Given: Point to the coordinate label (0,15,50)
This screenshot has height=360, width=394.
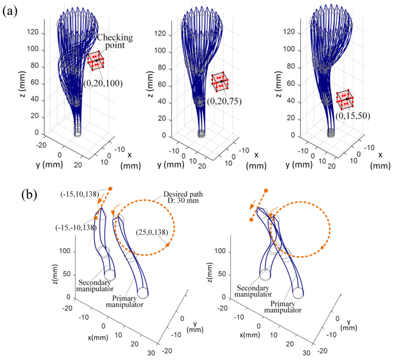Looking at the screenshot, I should pos(355,115).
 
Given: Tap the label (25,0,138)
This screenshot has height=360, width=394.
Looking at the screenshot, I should pos(150,232).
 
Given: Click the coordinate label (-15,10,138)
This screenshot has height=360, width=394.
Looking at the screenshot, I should pos(81,194).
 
